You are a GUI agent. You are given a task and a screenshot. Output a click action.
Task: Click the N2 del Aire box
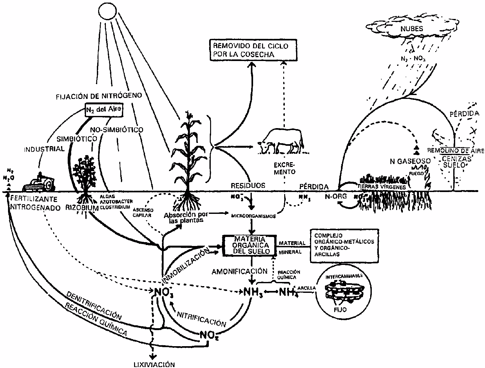(x=104, y=109)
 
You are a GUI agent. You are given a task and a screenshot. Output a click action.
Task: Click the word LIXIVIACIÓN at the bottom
(x=154, y=364)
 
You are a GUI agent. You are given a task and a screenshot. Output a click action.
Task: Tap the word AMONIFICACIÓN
(x=239, y=271)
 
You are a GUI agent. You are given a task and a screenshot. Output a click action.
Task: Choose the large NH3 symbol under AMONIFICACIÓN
(x=253, y=293)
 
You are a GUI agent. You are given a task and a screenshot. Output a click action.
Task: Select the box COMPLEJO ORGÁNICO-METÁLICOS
(x=344, y=245)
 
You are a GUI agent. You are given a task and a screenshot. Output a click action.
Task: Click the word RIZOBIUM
(x=81, y=208)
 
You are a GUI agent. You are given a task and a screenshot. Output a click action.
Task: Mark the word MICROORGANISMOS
(x=253, y=216)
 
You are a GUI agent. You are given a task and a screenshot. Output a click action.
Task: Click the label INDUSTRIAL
(x=44, y=149)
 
